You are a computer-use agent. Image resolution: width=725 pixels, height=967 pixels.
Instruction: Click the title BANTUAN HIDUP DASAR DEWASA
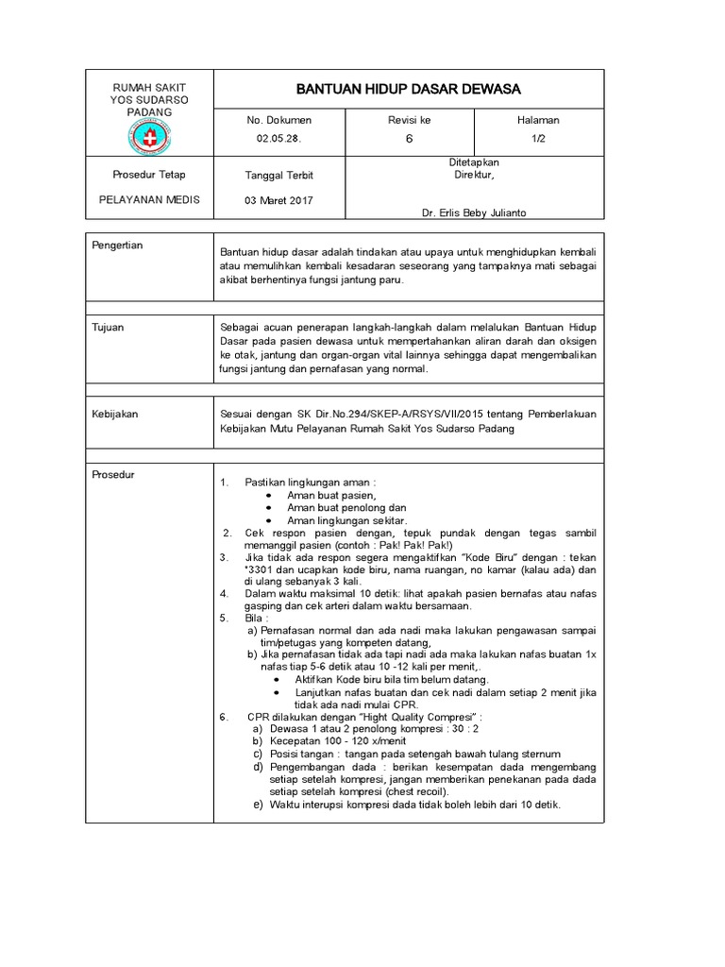click(409, 89)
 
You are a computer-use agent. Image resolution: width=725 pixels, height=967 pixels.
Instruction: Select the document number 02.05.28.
click(278, 139)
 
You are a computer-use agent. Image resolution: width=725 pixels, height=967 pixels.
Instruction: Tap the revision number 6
click(409, 139)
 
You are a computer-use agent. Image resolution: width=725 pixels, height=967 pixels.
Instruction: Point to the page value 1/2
click(538, 139)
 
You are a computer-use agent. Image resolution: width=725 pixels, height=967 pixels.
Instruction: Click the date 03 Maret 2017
click(278, 200)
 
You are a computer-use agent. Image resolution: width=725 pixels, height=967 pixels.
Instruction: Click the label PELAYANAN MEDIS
click(149, 200)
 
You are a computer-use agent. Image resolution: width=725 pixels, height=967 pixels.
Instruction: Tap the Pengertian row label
click(117, 246)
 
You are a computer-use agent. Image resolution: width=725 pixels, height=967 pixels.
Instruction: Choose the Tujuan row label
click(107, 327)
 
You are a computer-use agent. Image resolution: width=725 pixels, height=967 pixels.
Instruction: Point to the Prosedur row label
click(112, 474)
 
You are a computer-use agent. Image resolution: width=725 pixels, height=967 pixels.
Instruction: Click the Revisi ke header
click(409, 120)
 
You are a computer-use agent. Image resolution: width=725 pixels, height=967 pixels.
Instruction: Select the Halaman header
click(538, 120)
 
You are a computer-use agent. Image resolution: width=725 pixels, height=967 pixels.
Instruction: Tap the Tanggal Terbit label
click(278, 176)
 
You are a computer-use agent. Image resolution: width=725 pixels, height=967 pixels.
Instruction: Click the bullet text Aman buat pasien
click(331, 496)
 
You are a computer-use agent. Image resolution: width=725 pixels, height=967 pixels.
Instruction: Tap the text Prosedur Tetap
click(149, 175)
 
